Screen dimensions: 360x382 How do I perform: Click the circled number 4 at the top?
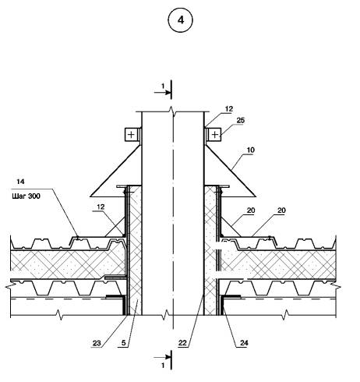pyautogui.click(x=181, y=20)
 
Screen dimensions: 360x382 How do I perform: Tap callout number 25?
pyautogui.click(x=241, y=121)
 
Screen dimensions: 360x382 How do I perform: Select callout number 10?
pyautogui.click(x=251, y=150)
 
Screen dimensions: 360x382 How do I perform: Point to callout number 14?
pyautogui.click(x=20, y=182)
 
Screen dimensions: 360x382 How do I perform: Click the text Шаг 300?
pyautogui.click(x=26, y=196)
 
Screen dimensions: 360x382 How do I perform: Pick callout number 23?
pyautogui.click(x=97, y=343)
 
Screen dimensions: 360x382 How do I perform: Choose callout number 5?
pyautogui.click(x=124, y=343)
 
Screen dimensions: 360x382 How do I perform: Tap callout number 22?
pyautogui.click(x=182, y=343)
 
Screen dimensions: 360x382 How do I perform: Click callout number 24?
pyautogui.click(x=244, y=343)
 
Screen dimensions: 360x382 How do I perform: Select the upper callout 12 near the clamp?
pyautogui.click(x=229, y=109)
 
